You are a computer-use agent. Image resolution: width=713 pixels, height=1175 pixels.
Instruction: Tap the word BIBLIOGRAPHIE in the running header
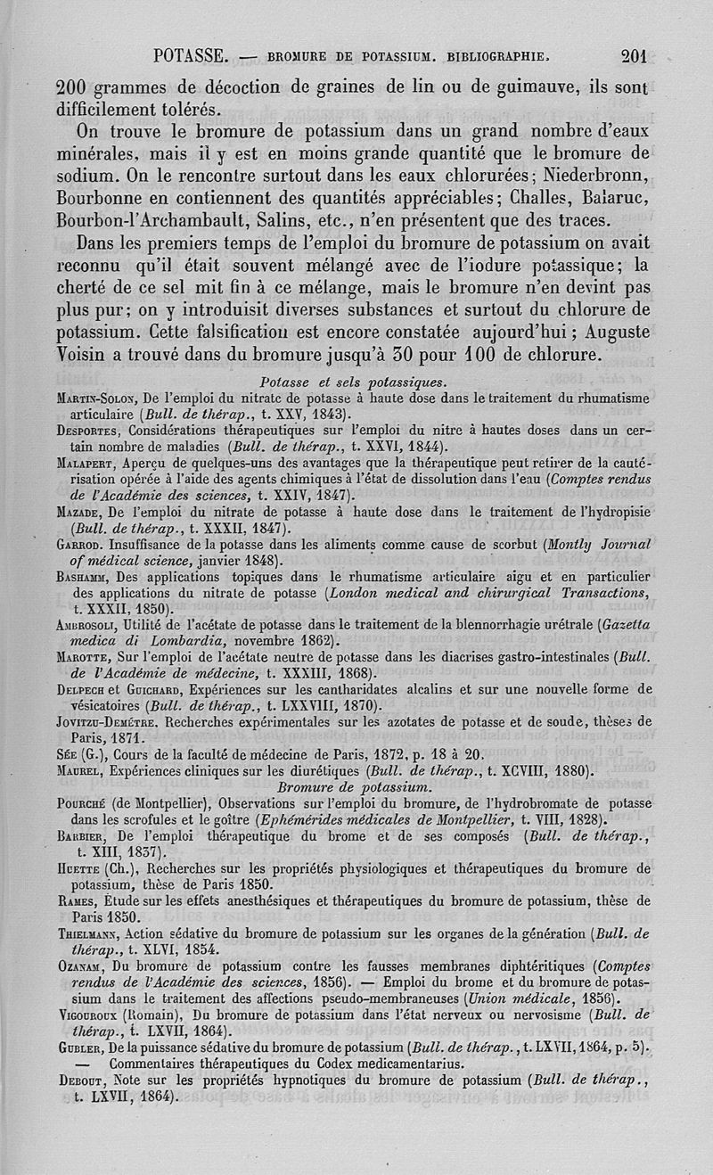click(x=508, y=58)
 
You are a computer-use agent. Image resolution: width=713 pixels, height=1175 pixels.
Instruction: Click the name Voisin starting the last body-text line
click(x=86, y=354)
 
